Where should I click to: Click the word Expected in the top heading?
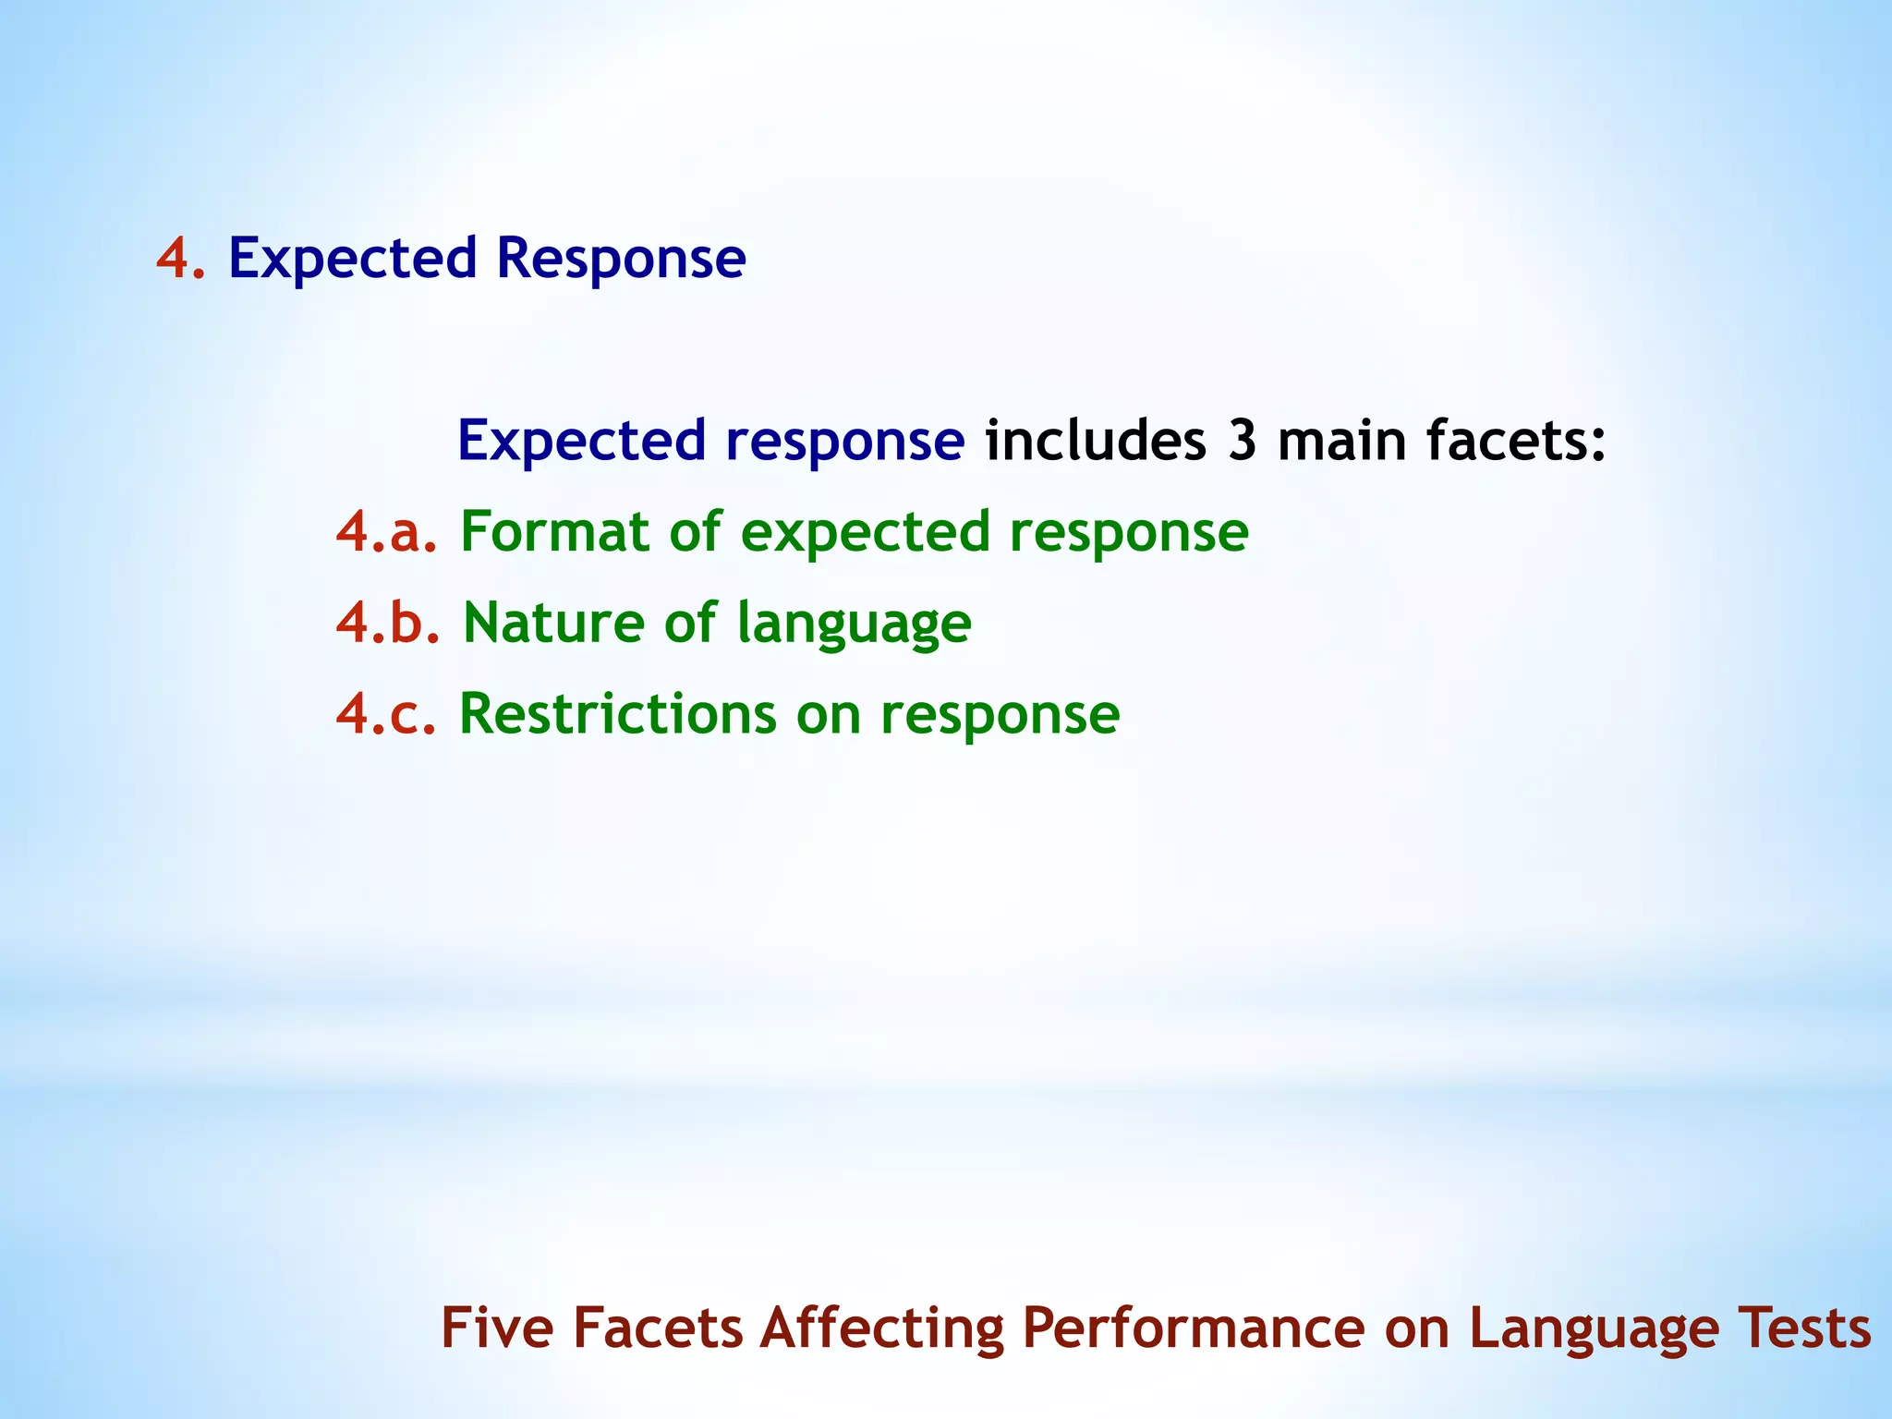coord(352,260)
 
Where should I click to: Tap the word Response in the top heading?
coord(621,260)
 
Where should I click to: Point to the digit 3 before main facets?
coord(1243,442)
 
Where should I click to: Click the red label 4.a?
coord(386,532)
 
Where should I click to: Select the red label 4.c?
coord(385,714)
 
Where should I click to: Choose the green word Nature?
coord(554,623)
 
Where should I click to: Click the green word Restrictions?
coord(618,714)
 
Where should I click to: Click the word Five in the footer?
coord(499,1328)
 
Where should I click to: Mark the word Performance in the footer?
coord(1193,1328)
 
